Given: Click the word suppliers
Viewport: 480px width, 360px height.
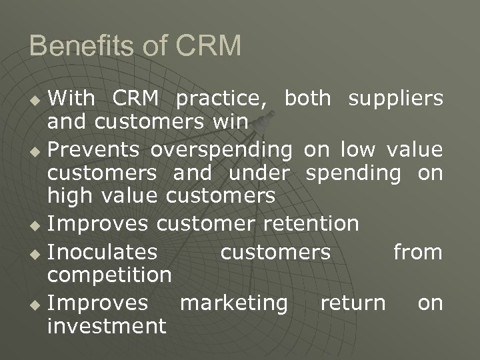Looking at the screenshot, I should (395, 99).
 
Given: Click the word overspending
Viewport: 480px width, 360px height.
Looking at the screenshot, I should (221, 147).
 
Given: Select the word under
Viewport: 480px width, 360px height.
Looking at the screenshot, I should (259, 172).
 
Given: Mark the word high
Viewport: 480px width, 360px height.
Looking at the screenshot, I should (70, 196).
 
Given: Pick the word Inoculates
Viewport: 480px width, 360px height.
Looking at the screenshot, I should (103, 252).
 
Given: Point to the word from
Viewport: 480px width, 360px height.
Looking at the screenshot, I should (417, 252).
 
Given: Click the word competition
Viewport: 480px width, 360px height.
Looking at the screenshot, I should (109, 275).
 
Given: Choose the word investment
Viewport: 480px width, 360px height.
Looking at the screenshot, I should (106, 326).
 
